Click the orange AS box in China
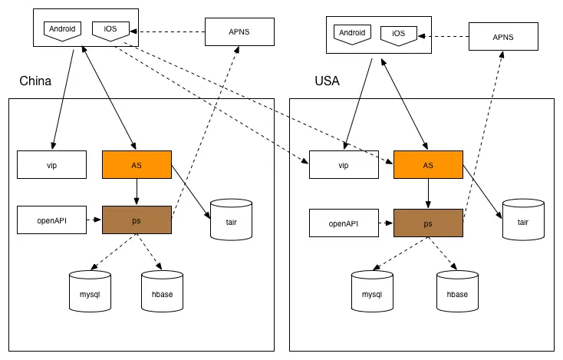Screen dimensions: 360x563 click(137, 165)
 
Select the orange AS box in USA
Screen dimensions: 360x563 click(428, 165)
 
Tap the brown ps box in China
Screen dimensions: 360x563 click(137, 220)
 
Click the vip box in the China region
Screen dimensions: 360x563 click(52, 165)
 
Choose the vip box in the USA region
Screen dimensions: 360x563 click(344, 165)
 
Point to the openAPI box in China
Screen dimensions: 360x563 click(52, 220)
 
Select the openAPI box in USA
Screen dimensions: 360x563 click(344, 223)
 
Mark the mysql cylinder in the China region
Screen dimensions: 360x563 click(90, 292)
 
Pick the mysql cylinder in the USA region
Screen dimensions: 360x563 click(372, 292)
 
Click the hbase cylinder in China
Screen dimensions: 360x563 click(162, 292)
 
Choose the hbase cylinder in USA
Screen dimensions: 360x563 click(456, 292)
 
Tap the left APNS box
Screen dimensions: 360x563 click(239, 31)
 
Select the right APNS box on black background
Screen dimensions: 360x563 click(502, 36)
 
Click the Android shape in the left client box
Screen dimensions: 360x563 click(62, 31)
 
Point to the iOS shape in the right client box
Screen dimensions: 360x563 click(398, 35)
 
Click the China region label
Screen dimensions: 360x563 click(35, 81)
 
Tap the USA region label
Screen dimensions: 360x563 click(327, 81)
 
